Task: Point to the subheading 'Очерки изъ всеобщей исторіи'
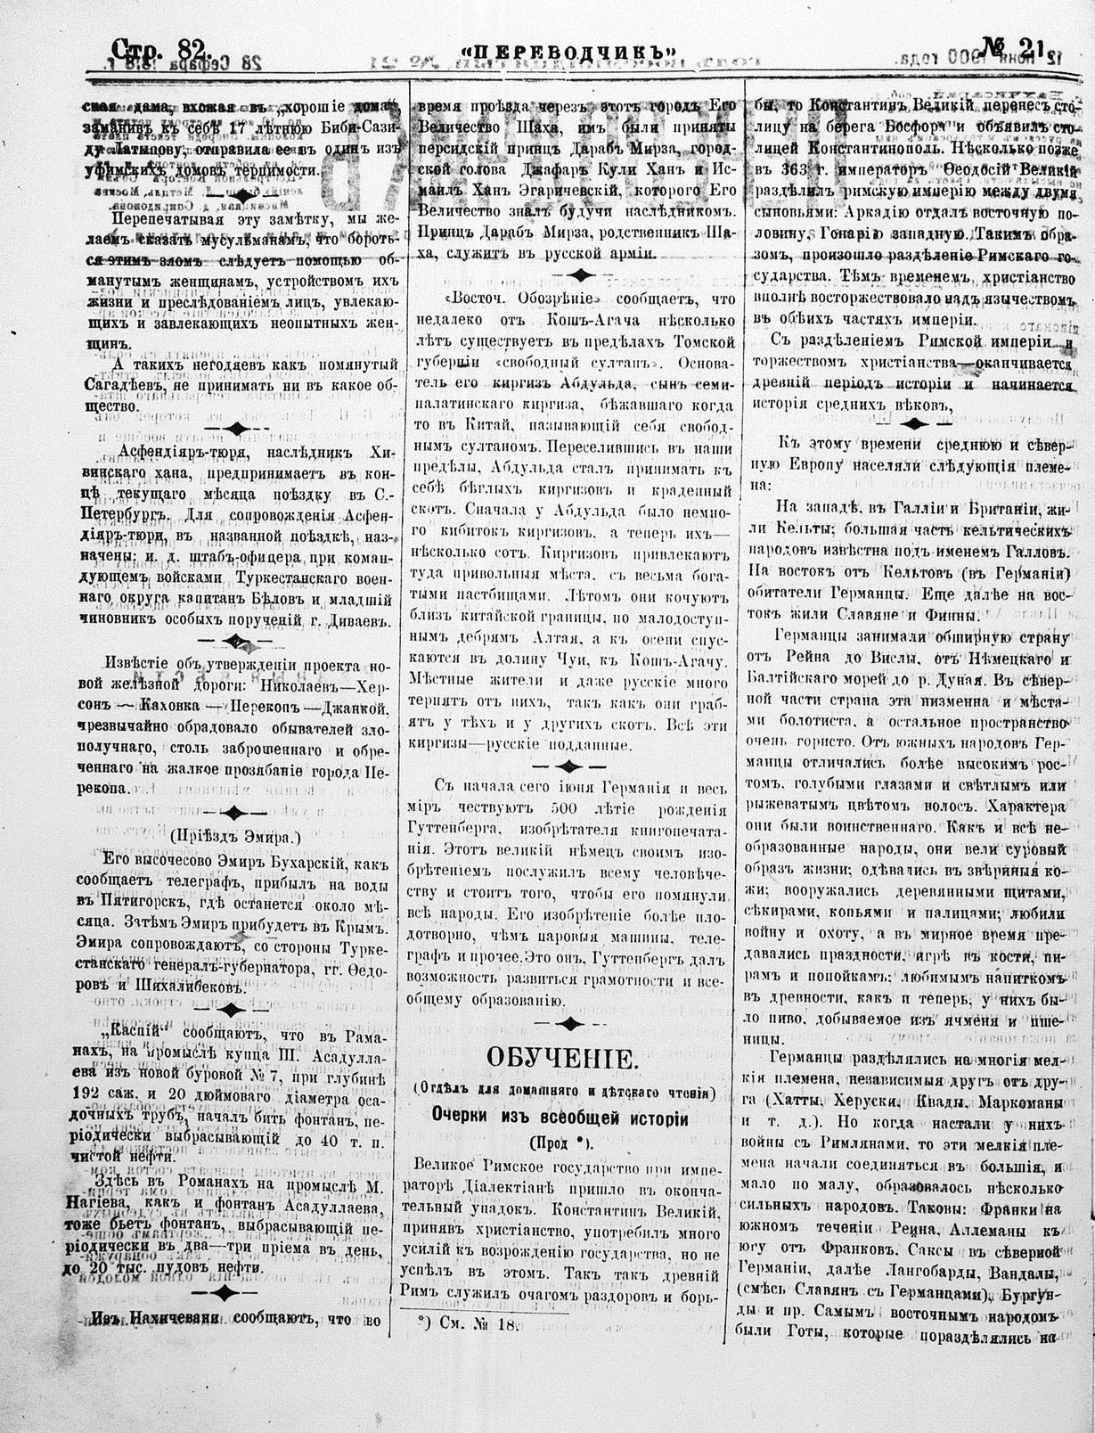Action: click(x=560, y=1115)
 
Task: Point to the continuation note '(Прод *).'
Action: click(x=560, y=1142)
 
